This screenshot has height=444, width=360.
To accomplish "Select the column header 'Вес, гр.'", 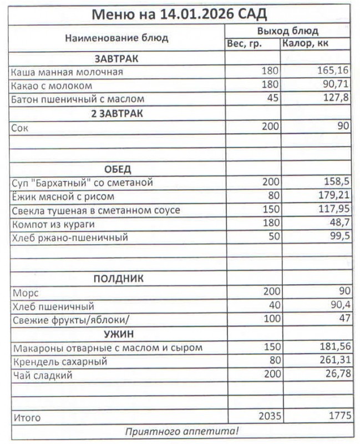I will [244, 44].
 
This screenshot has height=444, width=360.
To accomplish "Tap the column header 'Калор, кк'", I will [306, 44].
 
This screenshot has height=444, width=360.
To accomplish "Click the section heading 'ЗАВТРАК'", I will [116, 58].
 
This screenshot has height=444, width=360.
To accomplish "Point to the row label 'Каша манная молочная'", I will [67, 72].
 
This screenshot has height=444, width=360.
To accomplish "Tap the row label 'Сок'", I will [19, 127].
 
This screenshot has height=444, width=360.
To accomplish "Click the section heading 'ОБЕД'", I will [116, 169].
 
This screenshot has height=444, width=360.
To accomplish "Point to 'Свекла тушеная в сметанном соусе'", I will [95, 210].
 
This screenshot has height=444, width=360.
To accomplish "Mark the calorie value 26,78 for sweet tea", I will [337, 375].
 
